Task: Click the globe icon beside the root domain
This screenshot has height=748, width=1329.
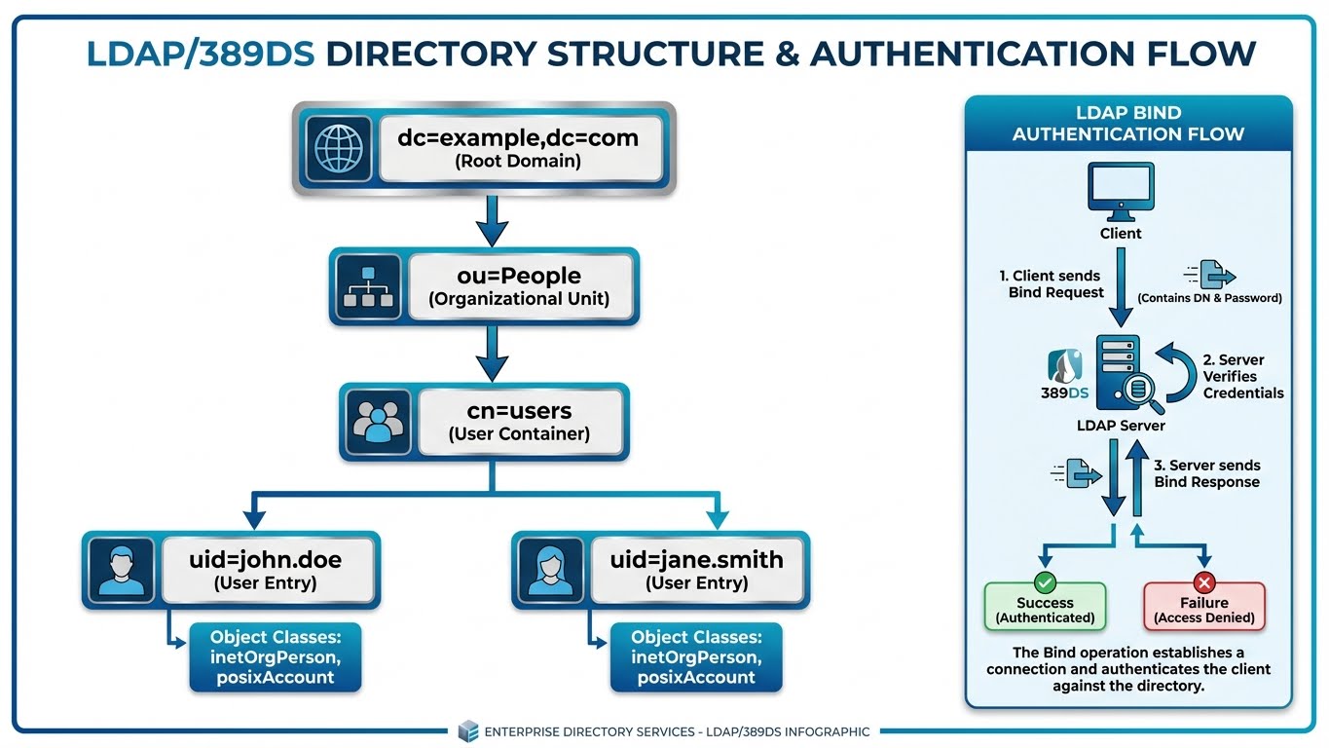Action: (x=339, y=149)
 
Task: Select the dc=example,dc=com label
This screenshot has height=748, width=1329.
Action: (x=517, y=137)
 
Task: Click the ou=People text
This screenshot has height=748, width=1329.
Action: (x=518, y=276)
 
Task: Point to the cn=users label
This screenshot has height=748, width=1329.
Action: (x=518, y=412)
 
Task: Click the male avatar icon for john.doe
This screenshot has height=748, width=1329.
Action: (x=121, y=571)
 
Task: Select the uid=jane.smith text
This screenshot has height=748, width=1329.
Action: (x=696, y=560)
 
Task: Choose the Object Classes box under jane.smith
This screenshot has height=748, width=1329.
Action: (x=695, y=657)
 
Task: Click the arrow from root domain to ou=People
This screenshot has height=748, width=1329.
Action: (x=492, y=220)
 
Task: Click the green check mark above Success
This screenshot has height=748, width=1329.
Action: (x=1045, y=582)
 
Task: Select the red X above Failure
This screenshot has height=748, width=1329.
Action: (x=1204, y=582)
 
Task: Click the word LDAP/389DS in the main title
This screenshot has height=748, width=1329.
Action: (x=201, y=53)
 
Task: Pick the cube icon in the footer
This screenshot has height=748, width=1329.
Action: (x=468, y=731)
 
